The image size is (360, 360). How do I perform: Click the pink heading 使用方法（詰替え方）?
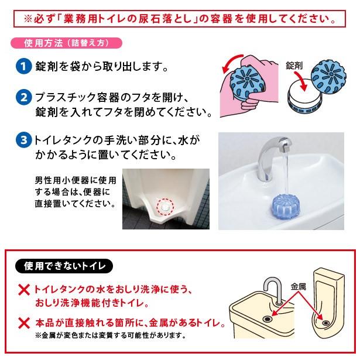point(66,43)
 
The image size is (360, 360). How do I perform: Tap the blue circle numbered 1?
point(23,67)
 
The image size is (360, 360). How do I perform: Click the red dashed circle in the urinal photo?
point(166,206)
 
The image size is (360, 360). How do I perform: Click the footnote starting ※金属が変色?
point(111,336)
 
